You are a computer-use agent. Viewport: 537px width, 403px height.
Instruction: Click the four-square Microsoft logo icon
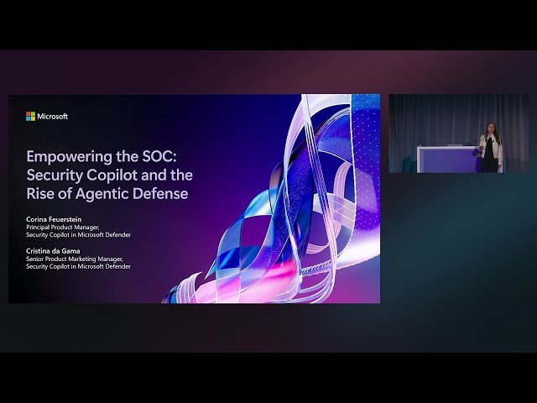tap(30, 116)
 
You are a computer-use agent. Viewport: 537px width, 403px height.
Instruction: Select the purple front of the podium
tap(446, 160)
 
